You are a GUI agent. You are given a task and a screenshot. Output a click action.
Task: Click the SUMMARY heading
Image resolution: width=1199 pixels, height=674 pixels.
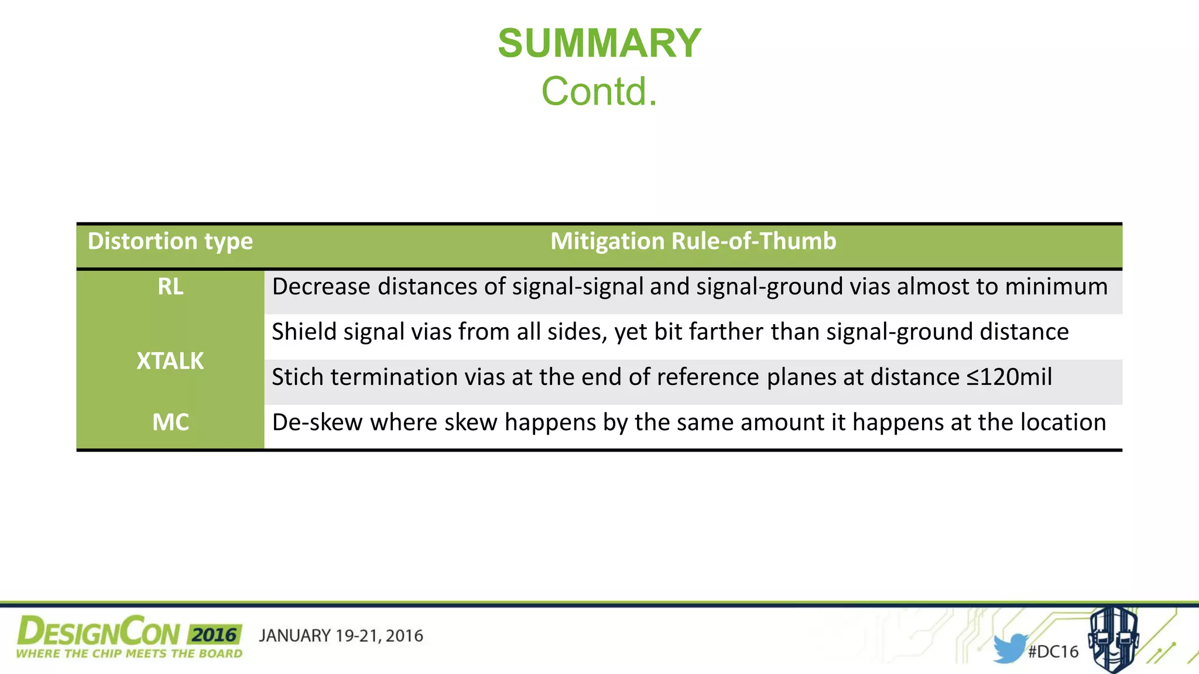(599, 44)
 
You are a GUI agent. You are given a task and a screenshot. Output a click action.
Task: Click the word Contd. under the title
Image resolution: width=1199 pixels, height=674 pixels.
(599, 92)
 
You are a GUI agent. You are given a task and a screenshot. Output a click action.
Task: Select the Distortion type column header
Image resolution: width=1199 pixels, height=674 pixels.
(170, 242)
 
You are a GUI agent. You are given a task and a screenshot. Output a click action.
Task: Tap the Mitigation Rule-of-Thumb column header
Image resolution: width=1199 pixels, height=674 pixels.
(693, 242)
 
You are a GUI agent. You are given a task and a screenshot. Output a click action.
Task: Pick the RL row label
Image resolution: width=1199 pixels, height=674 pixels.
(170, 287)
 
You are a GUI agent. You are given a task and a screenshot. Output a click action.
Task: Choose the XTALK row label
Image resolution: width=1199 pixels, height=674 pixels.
(170, 361)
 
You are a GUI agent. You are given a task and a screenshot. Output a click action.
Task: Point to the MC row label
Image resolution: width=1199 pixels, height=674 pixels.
(170, 422)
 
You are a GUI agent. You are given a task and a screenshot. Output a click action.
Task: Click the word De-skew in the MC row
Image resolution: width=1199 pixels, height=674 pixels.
(317, 422)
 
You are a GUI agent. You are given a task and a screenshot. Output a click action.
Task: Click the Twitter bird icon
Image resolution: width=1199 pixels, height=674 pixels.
(1009, 648)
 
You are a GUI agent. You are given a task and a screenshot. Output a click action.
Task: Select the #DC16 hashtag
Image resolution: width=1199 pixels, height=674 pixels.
(1053, 652)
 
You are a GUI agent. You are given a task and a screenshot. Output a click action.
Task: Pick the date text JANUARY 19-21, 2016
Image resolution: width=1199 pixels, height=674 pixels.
(341, 636)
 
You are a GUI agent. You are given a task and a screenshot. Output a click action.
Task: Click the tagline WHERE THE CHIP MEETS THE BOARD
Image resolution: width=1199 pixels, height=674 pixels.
(129, 654)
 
